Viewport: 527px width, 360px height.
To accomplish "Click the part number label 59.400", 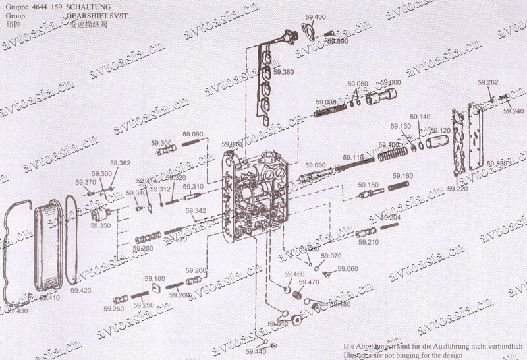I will pyautogui.click(x=316, y=17).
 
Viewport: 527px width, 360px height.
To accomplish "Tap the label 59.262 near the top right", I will pyautogui.click(x=488, y=82).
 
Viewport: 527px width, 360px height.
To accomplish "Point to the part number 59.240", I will pyautogui.click(x=514, y=111).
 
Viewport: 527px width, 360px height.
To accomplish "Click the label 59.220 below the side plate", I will pyautogui.click(x=457, y=189).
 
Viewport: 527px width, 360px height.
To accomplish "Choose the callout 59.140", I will pyautogui.click(x=420, y=117).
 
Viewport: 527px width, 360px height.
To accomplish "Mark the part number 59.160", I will pyautogui.click(x=403, y=176).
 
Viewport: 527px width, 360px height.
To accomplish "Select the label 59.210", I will pyautogui.click(x=369, y=242).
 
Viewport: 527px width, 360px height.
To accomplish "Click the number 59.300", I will pyautogui.click(x=161, y=143).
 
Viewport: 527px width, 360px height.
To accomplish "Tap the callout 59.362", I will pyautogui.click(x=120, y=163).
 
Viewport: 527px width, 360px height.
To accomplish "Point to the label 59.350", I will pyautogui.click(x=101, y=225).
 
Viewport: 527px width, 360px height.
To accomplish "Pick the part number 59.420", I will pyautogui.click(x=81, y=290).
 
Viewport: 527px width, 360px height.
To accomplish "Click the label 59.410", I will pyautogui.click(x=49, y=297).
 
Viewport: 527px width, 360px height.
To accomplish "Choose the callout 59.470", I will pyautogui.click(x=309, y=282).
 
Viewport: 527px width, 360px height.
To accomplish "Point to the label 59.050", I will pyautogui.click(x=358, y=84).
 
